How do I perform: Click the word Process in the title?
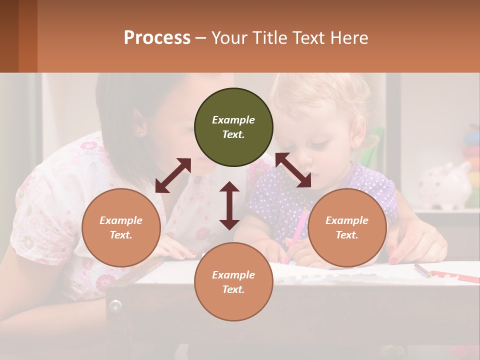click(x=157, y=38)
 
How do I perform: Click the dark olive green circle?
click(x=233, y=127)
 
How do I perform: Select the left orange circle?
click(x=121, y=227)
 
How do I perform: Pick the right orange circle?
click(x=347, y=227)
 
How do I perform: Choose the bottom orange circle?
click(x=233, y=282)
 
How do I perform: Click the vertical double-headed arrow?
click(x=229, y=205)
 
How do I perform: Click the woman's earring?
click(x=140, y=134)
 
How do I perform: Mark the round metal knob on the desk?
click(x=115, y=305)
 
